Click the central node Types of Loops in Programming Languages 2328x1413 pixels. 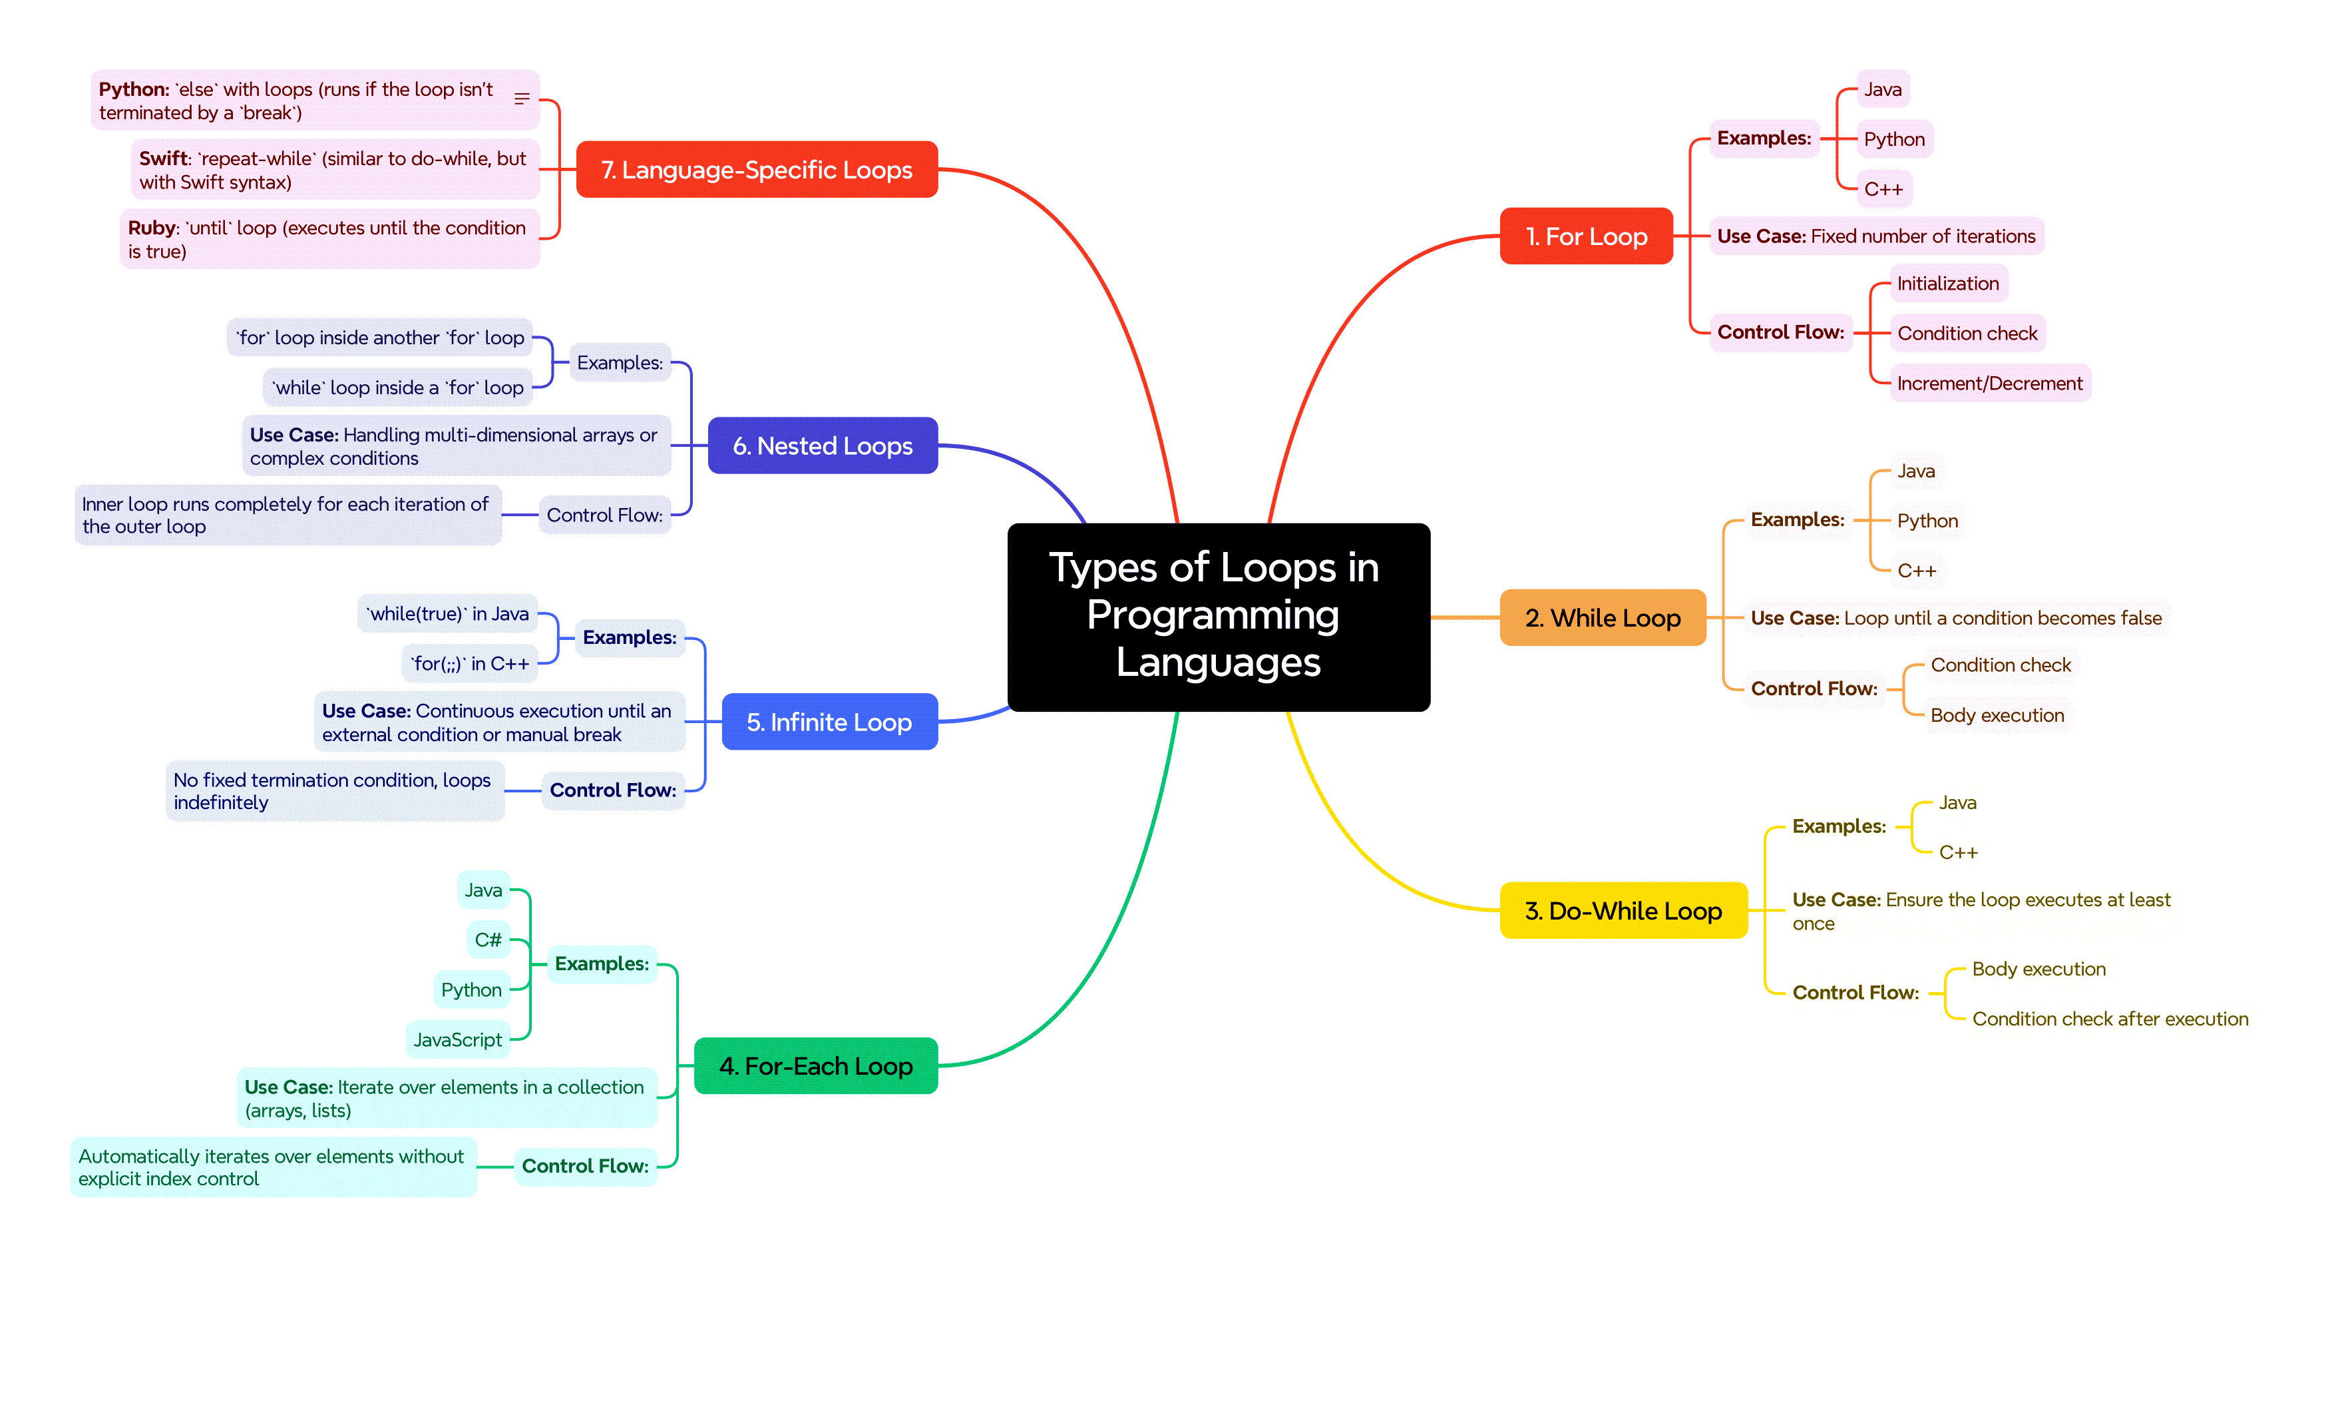tap(1218, 616)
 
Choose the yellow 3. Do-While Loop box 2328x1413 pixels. tap(1623, 910)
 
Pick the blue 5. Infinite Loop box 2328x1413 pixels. tap(829, 722)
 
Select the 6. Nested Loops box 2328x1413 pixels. tap(822, 446)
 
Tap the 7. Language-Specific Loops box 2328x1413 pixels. tap(756, 170)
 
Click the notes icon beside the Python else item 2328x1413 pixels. tap(522, 99)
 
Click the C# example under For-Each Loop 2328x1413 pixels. tap(488, 940)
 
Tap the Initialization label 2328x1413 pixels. tap(1947, 284)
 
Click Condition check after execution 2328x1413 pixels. tap(2109, 1019)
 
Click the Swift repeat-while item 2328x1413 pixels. tap(333, 170)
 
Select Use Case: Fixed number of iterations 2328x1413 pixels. tap(1875, 236)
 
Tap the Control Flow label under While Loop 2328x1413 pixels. tap(1813, 689)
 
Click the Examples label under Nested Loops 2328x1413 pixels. tap(619, 363)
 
